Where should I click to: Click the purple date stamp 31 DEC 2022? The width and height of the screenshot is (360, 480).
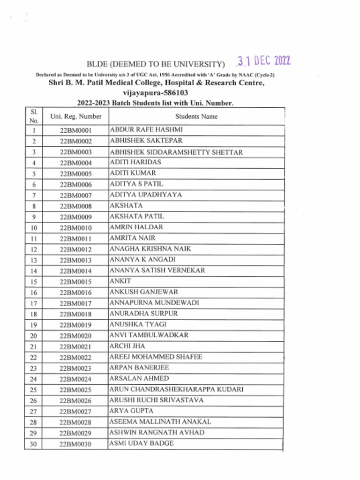[263, 61]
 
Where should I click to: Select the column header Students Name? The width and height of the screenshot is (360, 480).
[196, 116]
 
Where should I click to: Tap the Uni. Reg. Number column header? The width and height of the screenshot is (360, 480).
[75, 116]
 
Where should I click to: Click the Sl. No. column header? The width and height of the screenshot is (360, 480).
[33, 116]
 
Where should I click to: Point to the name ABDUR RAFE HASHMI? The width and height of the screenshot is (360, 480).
[146, 129]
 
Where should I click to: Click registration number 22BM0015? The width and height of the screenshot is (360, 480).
[75, 282]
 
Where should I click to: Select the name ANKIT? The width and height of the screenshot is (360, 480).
[120, 281]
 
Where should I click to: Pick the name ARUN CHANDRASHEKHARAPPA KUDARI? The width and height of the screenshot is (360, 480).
[176, 390]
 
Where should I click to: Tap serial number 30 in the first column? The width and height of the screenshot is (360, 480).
[33, 444]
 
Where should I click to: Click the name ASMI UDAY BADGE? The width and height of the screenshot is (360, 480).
[142, 443]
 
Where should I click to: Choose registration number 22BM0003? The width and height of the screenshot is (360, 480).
[75, 152]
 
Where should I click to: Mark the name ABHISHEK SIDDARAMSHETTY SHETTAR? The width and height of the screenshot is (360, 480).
[176, 152]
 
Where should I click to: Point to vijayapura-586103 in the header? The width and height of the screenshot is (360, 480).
[156, 93]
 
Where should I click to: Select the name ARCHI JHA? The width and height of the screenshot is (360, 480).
[127, 346]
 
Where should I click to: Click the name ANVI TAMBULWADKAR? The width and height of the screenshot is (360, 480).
[149, 335]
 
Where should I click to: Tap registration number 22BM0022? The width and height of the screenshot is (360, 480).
[75, 358]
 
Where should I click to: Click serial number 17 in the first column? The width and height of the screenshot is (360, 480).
[33, 303]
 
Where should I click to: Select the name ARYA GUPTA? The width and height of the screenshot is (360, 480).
[131, 411]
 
